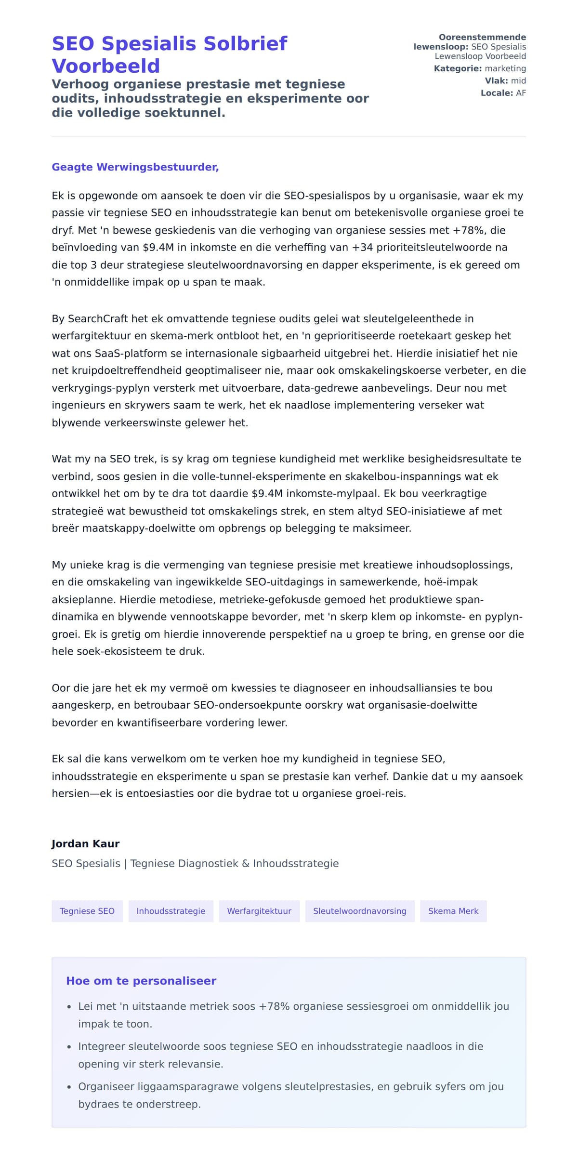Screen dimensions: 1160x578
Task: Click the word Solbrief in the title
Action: tap(245, 44)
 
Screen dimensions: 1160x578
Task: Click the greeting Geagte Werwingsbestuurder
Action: tap(135, 167)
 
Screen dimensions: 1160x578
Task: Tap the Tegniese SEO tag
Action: tap(87, 911)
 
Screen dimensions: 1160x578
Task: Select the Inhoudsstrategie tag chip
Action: tap(171, 911)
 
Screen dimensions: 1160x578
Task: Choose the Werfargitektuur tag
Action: tap(259, 911)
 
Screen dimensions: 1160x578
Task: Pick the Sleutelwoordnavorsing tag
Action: tap(359, 911)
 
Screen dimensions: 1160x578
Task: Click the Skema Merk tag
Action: tap(453, 911)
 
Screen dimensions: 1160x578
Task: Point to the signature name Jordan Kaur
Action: tap(85, 844)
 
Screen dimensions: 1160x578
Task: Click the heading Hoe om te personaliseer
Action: tap(141, 981)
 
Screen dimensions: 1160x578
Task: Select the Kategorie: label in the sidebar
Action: tap(458, 69)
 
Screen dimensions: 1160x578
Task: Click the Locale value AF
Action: tap(521, 93)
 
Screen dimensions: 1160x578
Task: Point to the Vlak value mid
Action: tap(518, 81)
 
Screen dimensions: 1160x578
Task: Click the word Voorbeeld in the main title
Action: tap(105, 66)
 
